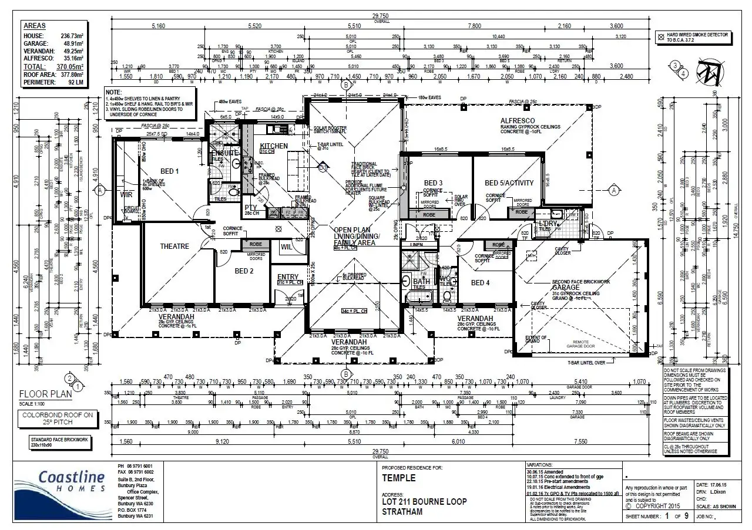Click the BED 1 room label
point(169,171)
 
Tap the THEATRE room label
point(175,247)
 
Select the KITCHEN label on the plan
point(274,146)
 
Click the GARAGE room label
point(565,288)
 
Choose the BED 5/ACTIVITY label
point(509,183)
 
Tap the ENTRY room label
point(287,277)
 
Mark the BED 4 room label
point(480,282)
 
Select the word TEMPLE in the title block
point(399,478)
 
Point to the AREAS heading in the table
point(35,26)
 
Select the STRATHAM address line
point(402,512)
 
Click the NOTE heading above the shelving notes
point(113,92)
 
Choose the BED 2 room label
point(244,271)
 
